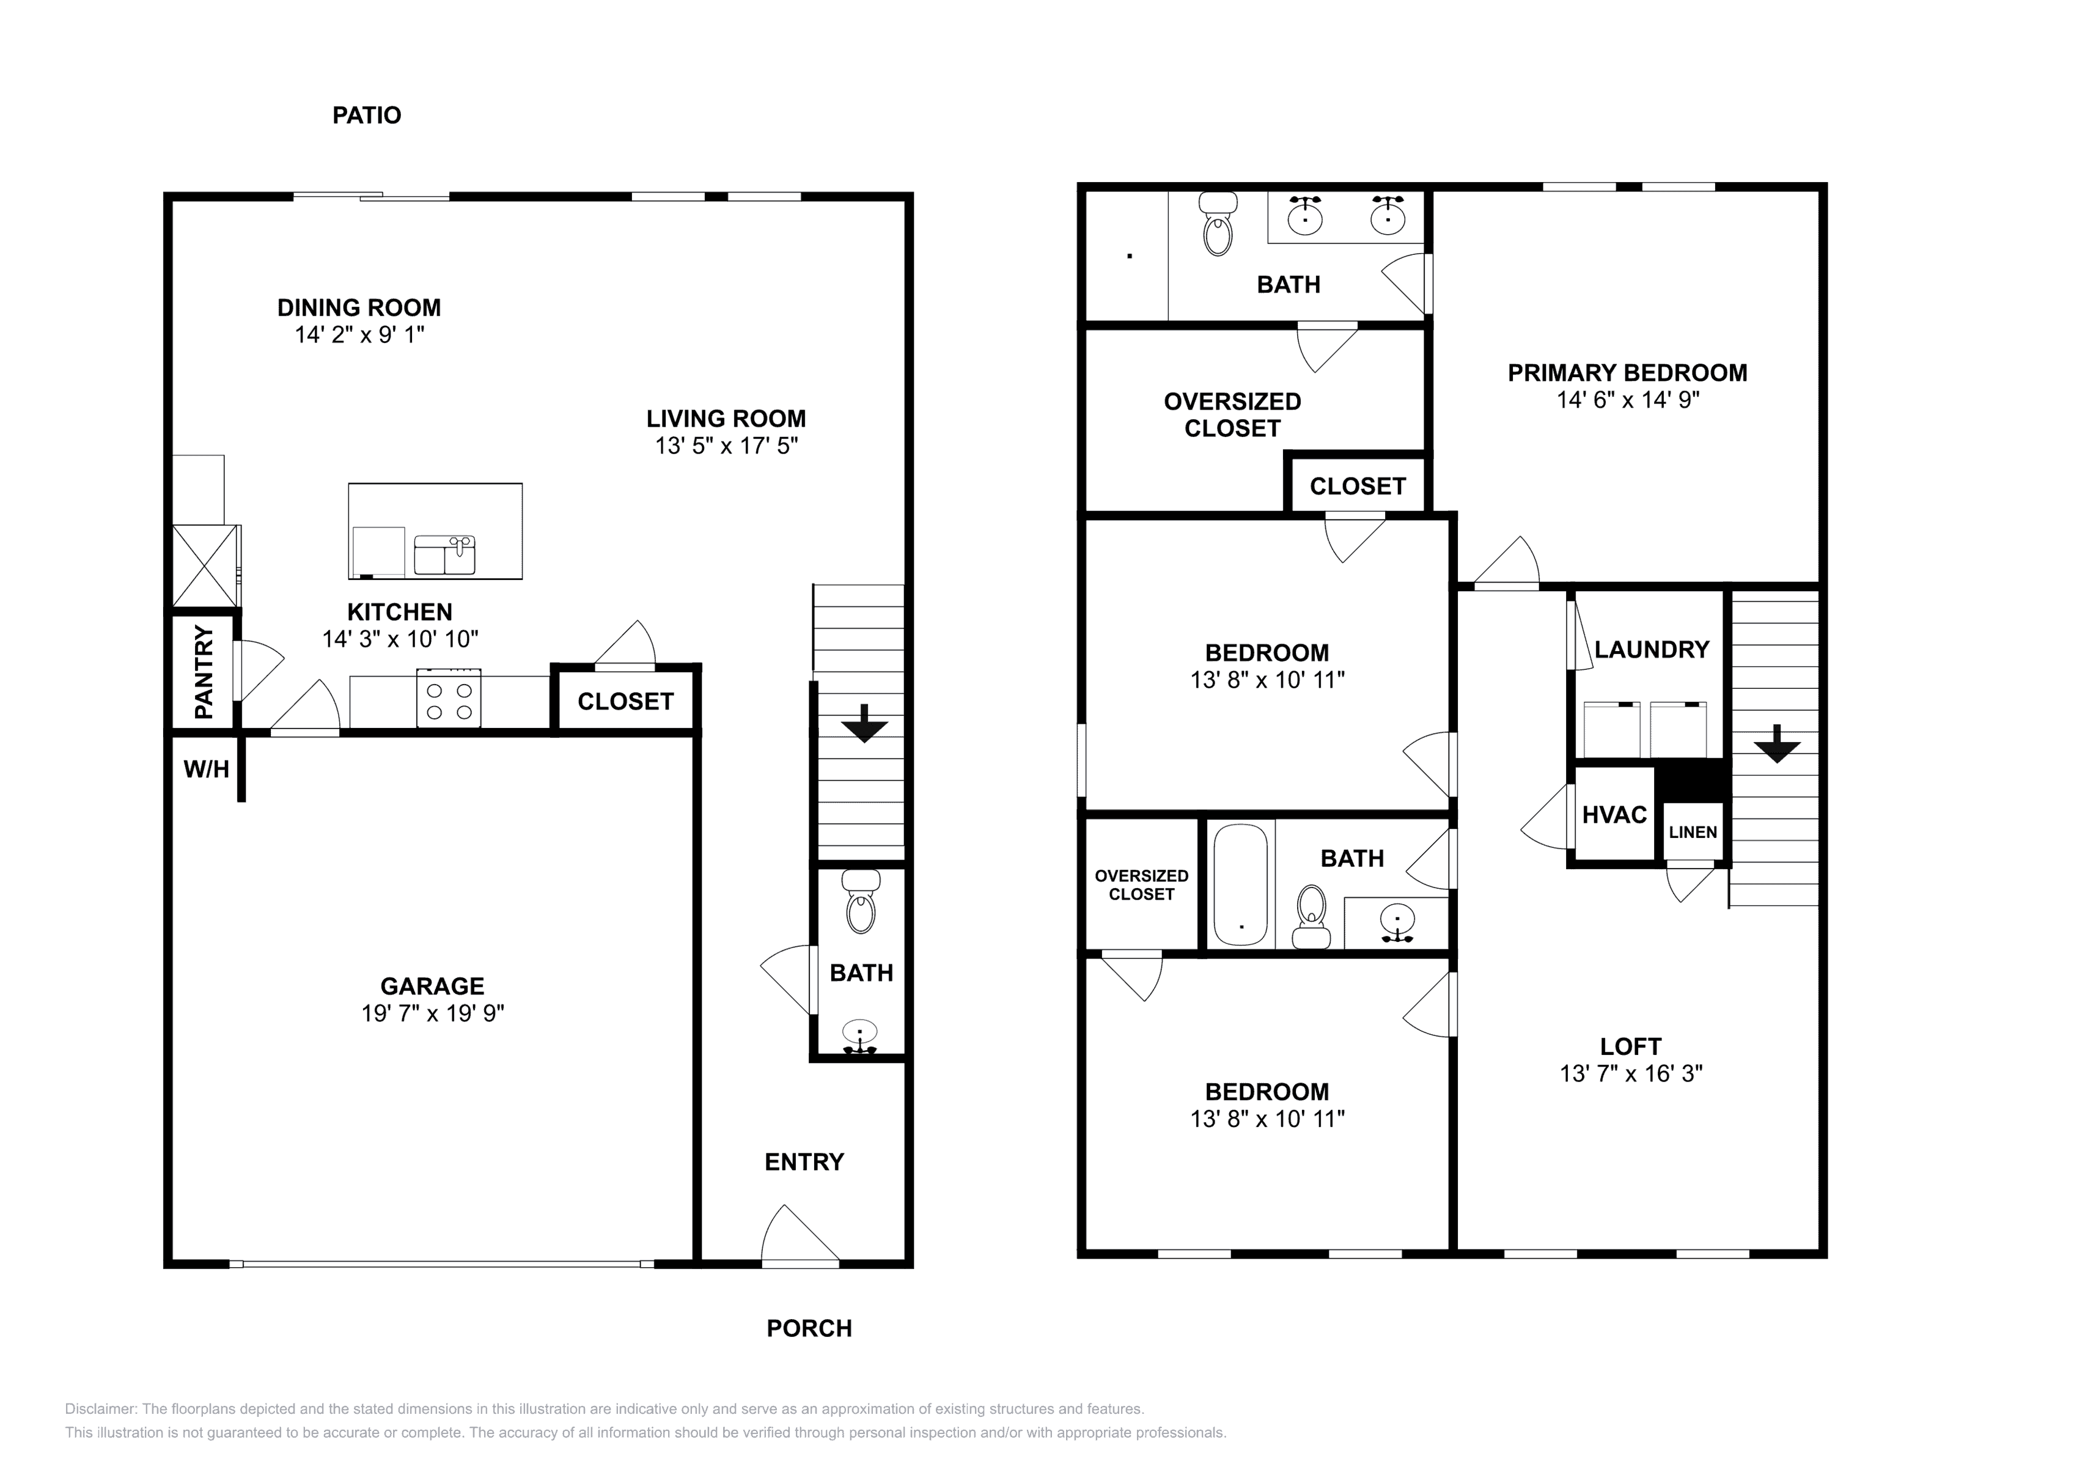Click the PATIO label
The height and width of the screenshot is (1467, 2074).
[x=367, y=116]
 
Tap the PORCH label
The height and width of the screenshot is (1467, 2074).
[x=809, y=1329]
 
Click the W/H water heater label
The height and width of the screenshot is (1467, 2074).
[x=206, y=770]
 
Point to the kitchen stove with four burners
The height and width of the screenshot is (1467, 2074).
[x=448, y=698]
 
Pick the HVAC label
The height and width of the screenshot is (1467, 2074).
[x=1615, y=815]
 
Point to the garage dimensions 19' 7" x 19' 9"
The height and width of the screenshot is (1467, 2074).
[x=433, y=1013]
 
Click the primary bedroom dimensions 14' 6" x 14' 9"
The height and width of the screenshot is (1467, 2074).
[x=1628, y=399]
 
